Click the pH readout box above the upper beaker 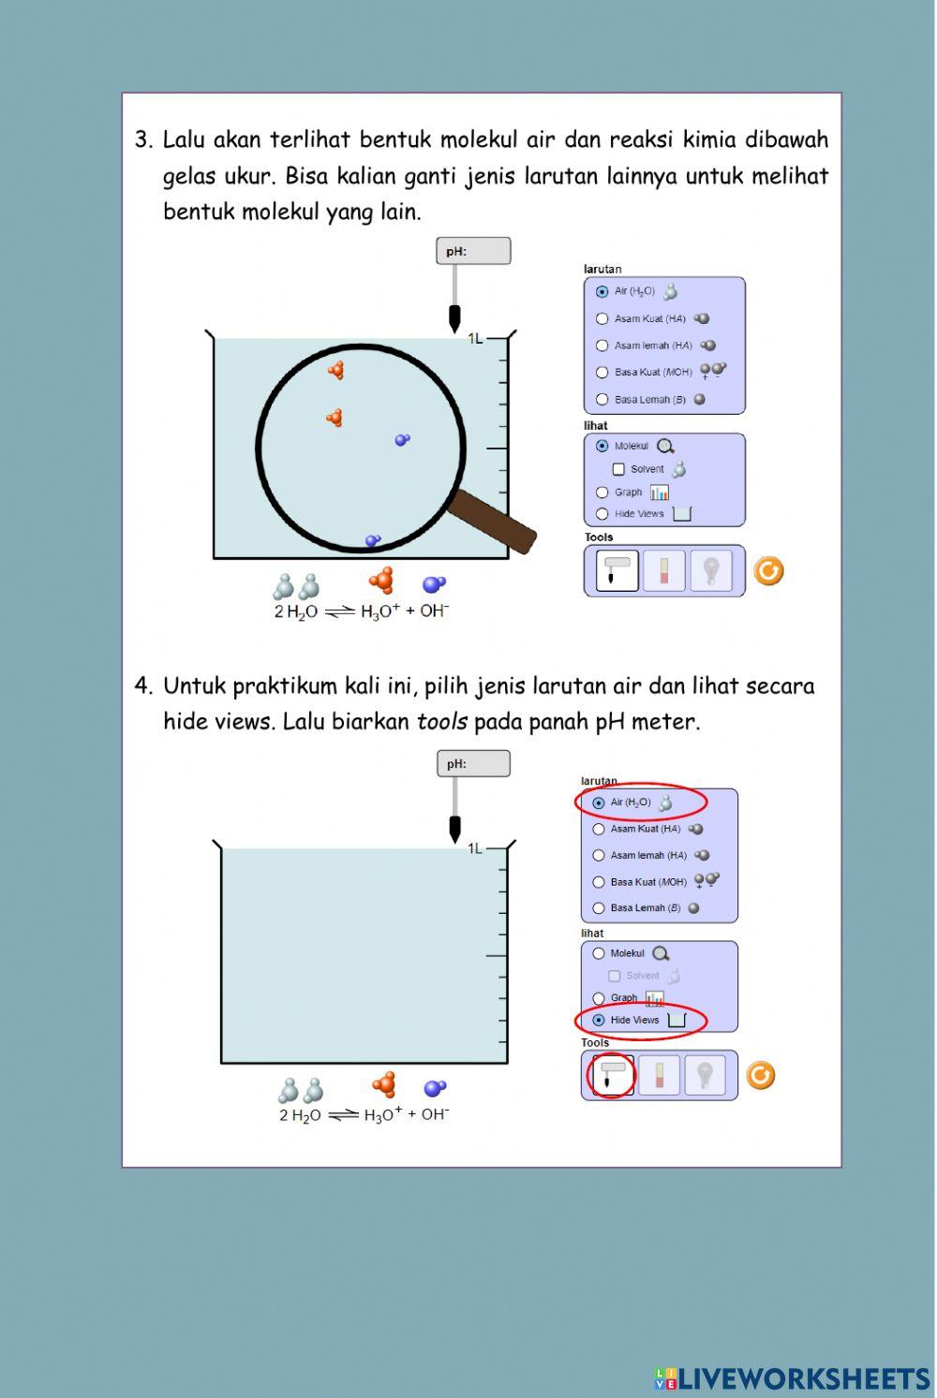(473, 251)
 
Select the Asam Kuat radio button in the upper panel (602, 319)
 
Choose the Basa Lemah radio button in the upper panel (602, 400)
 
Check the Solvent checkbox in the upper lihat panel (618, 469)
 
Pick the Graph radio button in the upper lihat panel (602, 493)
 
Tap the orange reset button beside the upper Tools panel (768, 571)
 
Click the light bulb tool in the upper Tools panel (711, 570)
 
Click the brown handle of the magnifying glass (493, 521)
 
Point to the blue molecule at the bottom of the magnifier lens (373, 540)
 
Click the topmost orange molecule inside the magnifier (336, 370)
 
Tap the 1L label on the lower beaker (475, 848)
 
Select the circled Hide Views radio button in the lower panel (598, 1020)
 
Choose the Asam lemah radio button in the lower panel (598, 855)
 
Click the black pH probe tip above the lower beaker (454, 829)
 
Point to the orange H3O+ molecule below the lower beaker (384, 1084)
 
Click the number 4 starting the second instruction (141, 686)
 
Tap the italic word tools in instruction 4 (441, 721)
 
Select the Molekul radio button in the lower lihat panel (598, 953)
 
